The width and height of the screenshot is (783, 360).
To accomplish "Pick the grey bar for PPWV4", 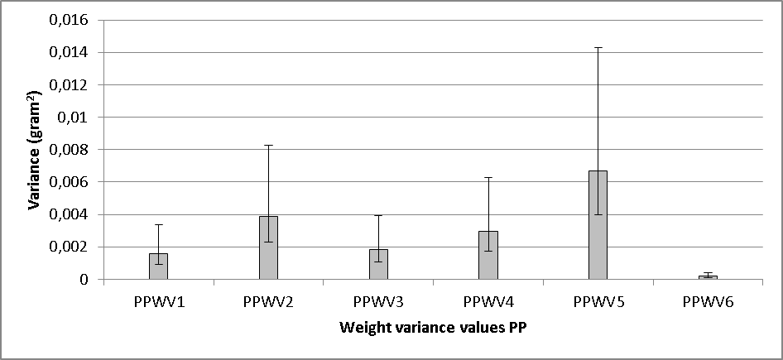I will tap(488, 256).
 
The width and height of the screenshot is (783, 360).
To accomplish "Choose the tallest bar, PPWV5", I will tap(598, 225).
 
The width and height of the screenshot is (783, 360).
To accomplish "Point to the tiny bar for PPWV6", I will tap(708, 277).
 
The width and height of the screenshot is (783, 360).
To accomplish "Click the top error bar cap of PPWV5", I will tap(598, 48).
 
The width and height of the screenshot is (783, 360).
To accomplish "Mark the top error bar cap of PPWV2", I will tap(268, 146).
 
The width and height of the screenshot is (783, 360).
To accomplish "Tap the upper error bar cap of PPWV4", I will tap(488, 178).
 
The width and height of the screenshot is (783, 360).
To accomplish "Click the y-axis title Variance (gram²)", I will tap(36, 150).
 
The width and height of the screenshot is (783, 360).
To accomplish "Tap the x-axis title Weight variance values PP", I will tap(432, 328).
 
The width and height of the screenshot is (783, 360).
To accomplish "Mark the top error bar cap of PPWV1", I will tap(158, 225).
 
